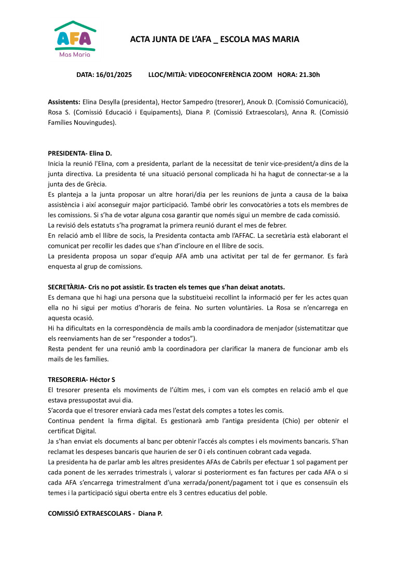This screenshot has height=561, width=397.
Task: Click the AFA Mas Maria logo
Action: click(x=75, y=39)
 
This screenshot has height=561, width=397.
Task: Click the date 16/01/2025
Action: click(x=114, y=75)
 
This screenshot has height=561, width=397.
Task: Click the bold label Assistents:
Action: click(x=64, y=102)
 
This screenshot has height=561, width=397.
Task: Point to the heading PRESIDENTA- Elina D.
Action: click(x=80, y=153)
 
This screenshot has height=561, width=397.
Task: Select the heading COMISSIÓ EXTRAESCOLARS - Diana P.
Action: click(x=105, y=513)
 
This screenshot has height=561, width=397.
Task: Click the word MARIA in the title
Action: click(x=284, y=39)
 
